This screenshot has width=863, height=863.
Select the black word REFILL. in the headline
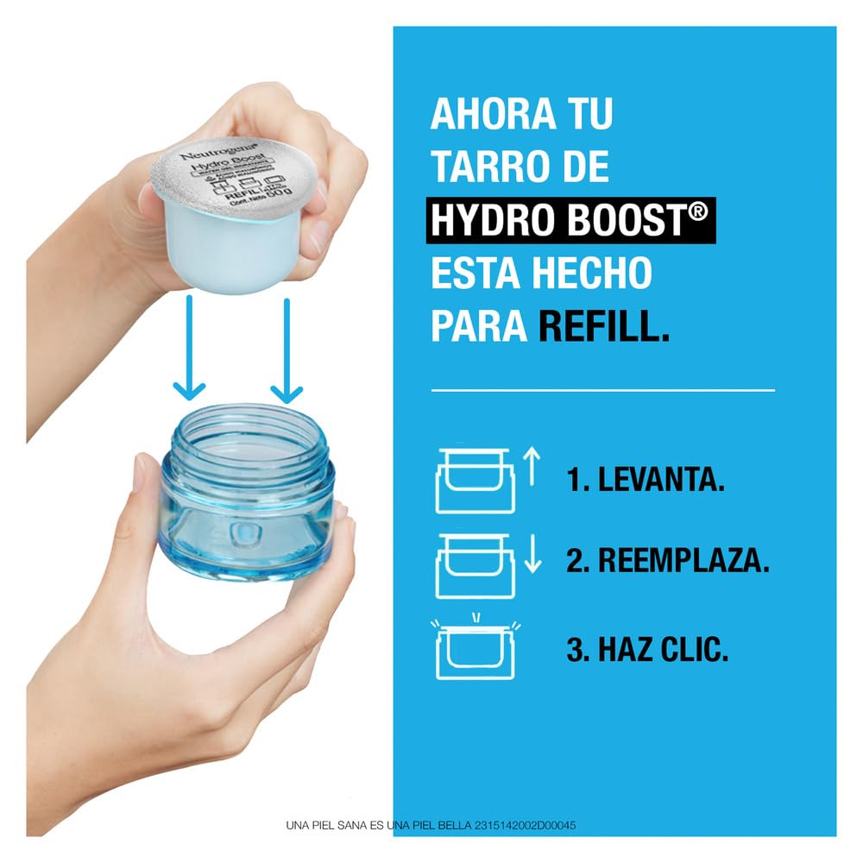(603, 327)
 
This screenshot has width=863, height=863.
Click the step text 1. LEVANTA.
(645, 482)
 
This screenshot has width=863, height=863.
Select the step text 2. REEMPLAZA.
(667, 562)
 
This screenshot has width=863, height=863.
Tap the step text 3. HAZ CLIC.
(647, 649)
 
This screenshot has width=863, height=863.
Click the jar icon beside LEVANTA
(474, 480)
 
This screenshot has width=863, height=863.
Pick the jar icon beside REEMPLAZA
(474, 565)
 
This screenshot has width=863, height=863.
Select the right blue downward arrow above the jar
(287, 350)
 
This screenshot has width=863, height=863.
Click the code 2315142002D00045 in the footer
(525, 826)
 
